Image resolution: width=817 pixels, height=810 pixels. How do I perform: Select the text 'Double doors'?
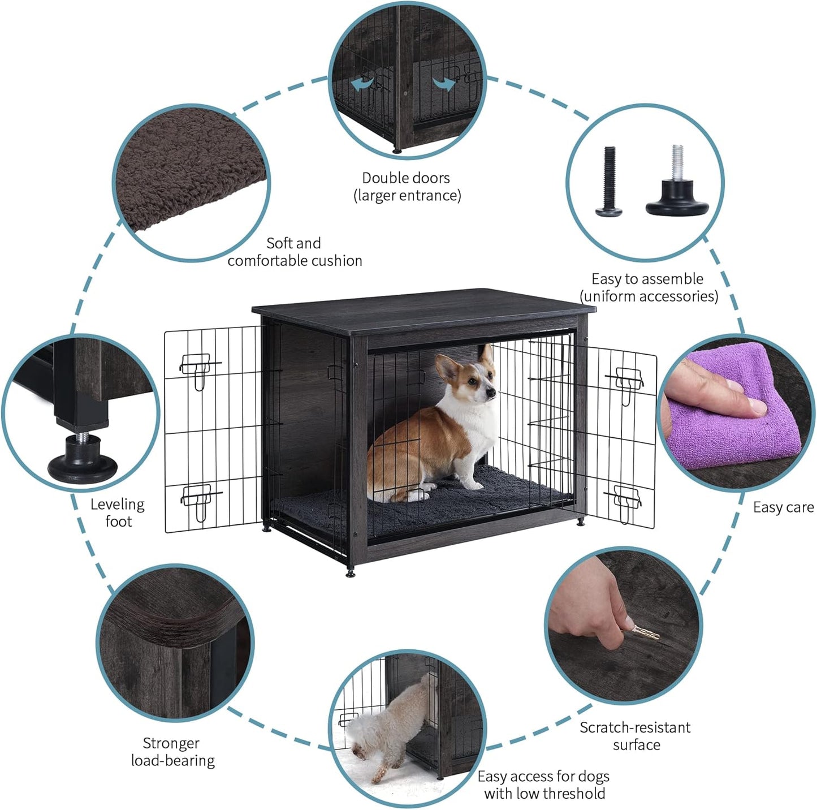pos(406,178)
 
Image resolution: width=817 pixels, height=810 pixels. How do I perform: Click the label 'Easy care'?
pos(783,507)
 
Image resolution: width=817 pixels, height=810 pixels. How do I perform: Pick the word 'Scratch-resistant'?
pos(635,727)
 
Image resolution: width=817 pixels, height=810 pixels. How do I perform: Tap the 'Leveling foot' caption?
pos(118,512)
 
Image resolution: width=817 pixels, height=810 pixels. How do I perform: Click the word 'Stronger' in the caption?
pos(171,743)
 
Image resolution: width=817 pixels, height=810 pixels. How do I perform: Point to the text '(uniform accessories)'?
pos(649,296)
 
